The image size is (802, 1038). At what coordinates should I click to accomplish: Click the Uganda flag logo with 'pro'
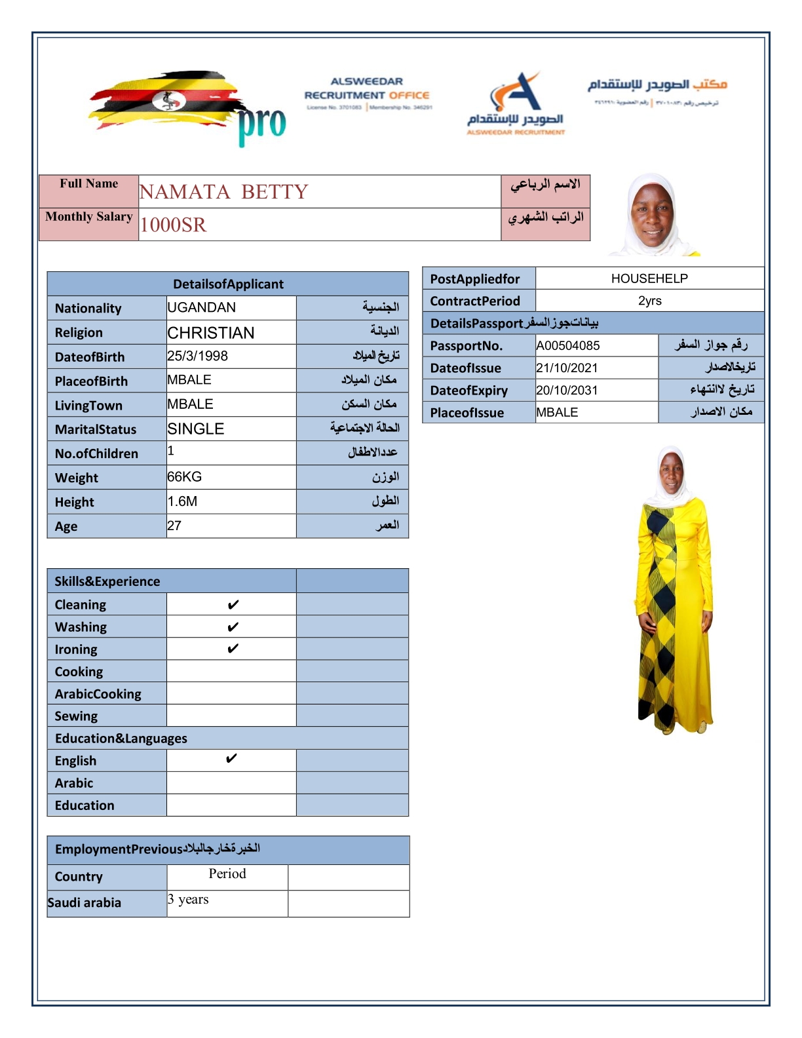pos(187,107)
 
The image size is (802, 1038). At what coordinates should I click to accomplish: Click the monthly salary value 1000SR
pos(173,225)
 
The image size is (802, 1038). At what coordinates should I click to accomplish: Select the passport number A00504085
pos(568,345)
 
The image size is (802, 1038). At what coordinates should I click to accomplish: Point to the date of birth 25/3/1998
pos(198,356)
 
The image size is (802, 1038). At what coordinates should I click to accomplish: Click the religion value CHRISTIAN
pos(211,332)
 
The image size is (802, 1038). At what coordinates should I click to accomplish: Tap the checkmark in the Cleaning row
pos(233,604)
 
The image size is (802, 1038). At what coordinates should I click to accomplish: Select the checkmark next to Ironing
pos(233,649)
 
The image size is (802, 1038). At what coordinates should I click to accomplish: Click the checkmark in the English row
pos(231,759)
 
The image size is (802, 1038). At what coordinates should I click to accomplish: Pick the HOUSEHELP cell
pos(649,279)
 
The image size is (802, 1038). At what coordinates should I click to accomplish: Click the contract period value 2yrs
pos(649,301)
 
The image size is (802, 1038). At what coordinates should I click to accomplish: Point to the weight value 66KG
pos(185,477)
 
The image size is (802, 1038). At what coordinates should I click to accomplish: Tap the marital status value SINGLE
pos(196,429)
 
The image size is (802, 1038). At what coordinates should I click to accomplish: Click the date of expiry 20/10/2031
pos(567,390)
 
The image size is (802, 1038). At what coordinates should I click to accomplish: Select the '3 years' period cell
pos(189,899)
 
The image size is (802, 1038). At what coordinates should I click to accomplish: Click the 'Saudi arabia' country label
pos(85,902)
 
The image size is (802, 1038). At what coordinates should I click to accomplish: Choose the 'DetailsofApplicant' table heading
pos(228,284)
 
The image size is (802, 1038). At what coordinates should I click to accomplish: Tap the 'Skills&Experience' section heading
pos(107,581)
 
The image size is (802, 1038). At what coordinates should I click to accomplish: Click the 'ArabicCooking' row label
pos(98,694)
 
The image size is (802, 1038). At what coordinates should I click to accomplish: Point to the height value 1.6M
pos(182,501)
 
